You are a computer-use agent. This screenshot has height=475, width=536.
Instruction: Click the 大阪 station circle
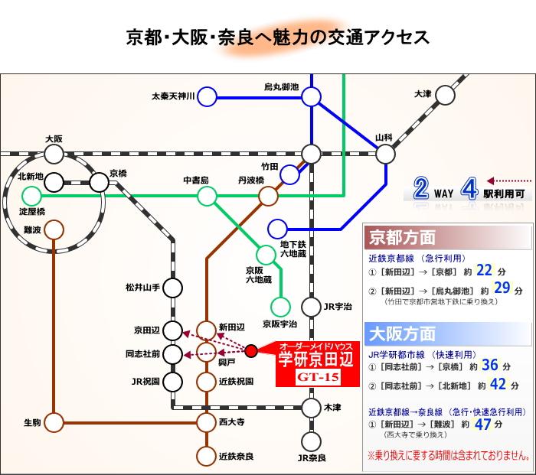54,155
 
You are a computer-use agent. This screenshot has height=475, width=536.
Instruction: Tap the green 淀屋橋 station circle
31,197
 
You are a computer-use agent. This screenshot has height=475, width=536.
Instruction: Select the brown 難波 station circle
54,229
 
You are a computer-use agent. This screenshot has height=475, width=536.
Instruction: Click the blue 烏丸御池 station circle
311,96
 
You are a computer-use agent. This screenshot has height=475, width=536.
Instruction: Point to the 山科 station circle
386,154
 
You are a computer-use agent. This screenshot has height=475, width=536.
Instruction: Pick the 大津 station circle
446,95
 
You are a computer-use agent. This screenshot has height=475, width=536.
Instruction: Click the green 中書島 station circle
207,197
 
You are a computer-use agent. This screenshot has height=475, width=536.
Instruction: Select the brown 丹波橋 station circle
268,197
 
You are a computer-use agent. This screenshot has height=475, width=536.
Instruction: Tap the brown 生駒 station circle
54,421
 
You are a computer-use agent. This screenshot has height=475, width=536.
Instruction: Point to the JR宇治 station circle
311,307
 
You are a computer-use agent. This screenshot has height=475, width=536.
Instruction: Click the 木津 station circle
311,408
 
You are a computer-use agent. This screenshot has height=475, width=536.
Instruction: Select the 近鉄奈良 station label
237,456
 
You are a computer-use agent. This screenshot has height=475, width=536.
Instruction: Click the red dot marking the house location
252,351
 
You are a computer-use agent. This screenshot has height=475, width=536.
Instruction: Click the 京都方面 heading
403,237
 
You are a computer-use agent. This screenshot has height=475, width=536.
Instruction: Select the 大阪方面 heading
403,334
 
